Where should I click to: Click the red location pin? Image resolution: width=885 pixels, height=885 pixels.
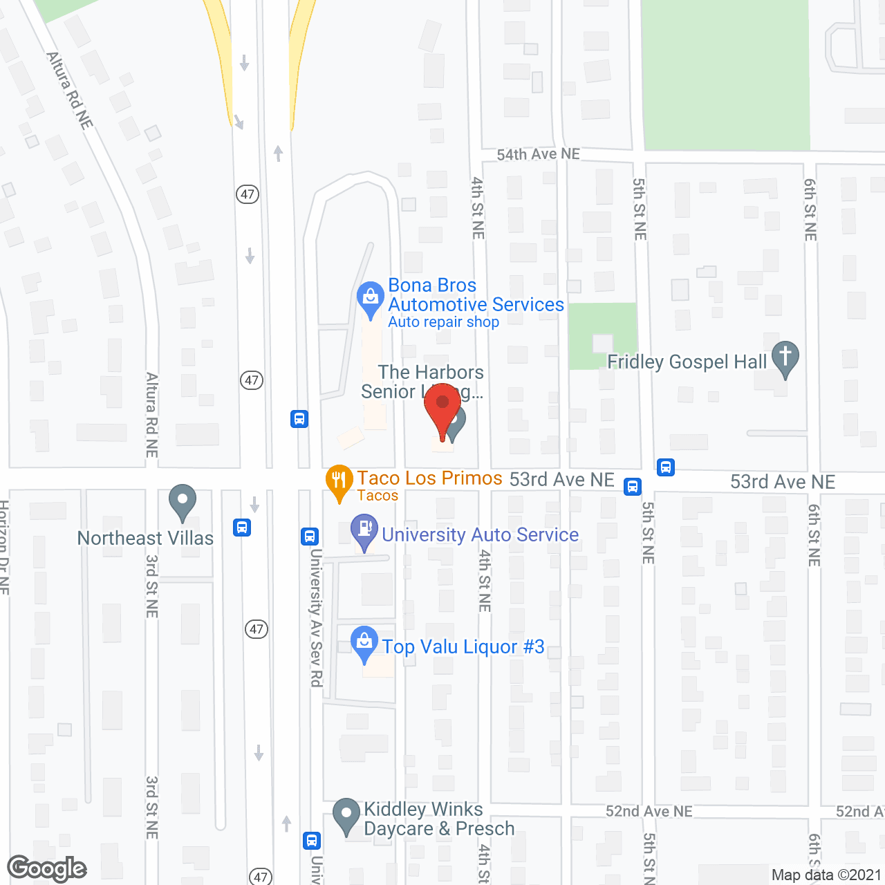[x=442, y=404]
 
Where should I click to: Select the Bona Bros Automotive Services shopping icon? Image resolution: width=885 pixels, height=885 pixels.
[x=371, y=297]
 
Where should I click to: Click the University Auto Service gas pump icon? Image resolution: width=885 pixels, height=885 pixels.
[x=364, y=530]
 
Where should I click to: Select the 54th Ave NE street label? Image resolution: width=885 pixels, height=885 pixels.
[x=538, y=154]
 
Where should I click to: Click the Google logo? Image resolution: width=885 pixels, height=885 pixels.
[x=47, y=868]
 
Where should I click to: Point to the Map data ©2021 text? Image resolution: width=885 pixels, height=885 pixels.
[x=826, y=875]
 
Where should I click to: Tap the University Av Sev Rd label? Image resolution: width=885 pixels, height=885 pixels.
[x=315, y=617]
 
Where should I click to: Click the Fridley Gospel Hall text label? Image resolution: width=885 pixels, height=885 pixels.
[x=687, y=362]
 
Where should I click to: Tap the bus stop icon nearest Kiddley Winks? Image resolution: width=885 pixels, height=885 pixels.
[x=312, y=840]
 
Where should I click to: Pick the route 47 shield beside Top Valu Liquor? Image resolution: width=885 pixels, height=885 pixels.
[x=257, y=628]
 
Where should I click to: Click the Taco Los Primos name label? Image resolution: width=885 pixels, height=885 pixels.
[x=429, y=478]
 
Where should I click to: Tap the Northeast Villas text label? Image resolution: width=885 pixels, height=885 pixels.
[x=145, y=538]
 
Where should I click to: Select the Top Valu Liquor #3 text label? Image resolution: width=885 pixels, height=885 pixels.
[x=463, y=647]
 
